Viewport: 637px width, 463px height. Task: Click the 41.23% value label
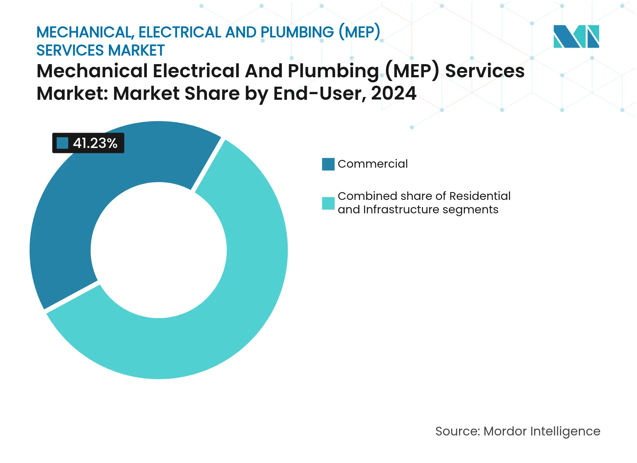95,143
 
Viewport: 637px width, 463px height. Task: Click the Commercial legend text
372,164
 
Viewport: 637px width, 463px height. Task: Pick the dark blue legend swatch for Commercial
328,164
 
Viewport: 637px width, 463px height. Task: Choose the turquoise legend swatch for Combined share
328,203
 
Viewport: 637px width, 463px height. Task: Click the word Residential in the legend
480,196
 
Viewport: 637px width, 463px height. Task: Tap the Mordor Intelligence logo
576,37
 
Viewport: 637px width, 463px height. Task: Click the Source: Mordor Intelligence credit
518,431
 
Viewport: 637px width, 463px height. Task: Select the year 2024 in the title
393,93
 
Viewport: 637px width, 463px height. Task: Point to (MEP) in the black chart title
412,71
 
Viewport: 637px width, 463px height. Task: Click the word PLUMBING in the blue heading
297,32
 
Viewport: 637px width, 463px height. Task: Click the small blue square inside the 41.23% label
63,143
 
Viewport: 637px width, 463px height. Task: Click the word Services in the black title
485,71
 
